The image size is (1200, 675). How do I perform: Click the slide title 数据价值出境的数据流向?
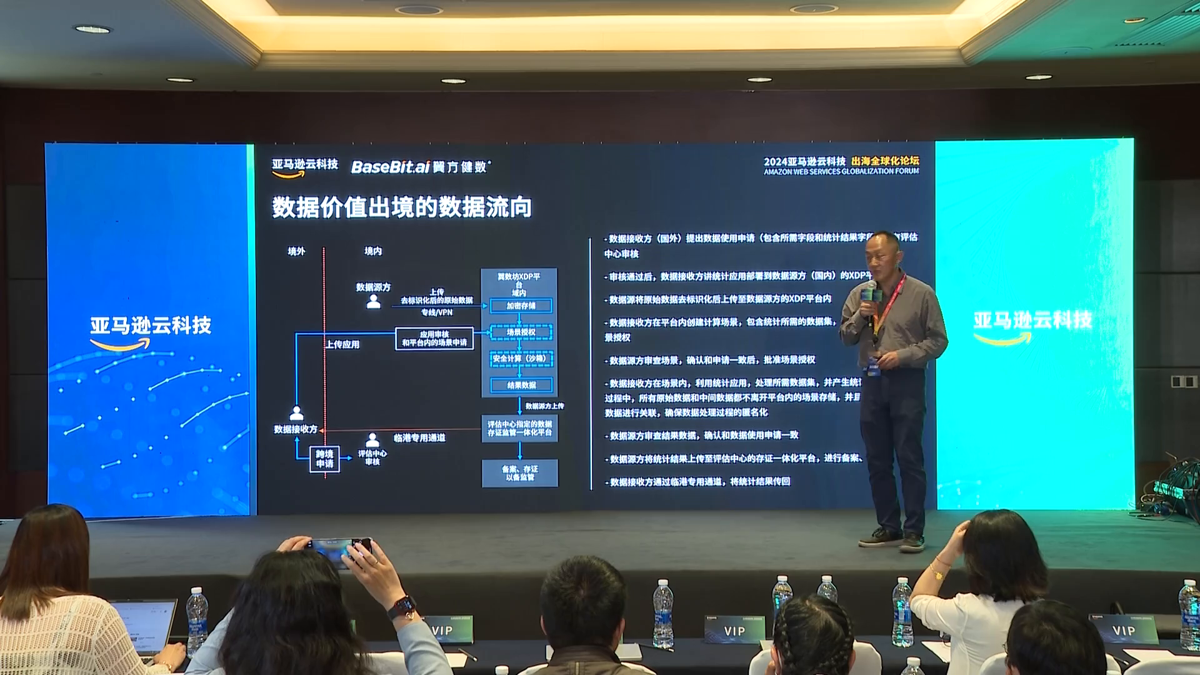[x=401, y=207]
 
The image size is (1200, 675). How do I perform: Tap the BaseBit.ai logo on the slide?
[x=391, y=167]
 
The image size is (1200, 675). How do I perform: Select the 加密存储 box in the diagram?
[x=521, y=306]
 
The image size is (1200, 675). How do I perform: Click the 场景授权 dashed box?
[x=521, y=332]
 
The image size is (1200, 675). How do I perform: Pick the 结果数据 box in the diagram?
[x=521, y=385]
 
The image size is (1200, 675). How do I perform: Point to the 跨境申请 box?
[x=324, y=459]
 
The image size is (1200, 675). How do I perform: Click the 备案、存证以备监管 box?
[x=519, y=473]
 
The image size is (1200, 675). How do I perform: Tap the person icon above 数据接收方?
[x=296, y=412]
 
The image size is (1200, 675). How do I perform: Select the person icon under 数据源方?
[x=374, y=301]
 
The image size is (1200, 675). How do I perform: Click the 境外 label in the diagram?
[x=296, y=251]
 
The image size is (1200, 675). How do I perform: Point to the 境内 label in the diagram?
[x=373, y=251]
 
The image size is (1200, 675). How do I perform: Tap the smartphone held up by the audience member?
[x=341, y=549]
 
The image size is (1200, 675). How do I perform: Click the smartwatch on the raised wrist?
[x=402, y=606]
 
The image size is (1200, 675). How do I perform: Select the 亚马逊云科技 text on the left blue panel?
[x=151, y=326]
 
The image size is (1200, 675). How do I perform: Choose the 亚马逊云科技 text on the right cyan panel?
[x=1032, y=320]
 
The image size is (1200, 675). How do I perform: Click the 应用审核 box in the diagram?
[x=434, y=339]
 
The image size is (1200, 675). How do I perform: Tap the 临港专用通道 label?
[x=419, y=438]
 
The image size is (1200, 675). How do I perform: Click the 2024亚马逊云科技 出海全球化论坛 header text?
[x=841, y=162]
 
